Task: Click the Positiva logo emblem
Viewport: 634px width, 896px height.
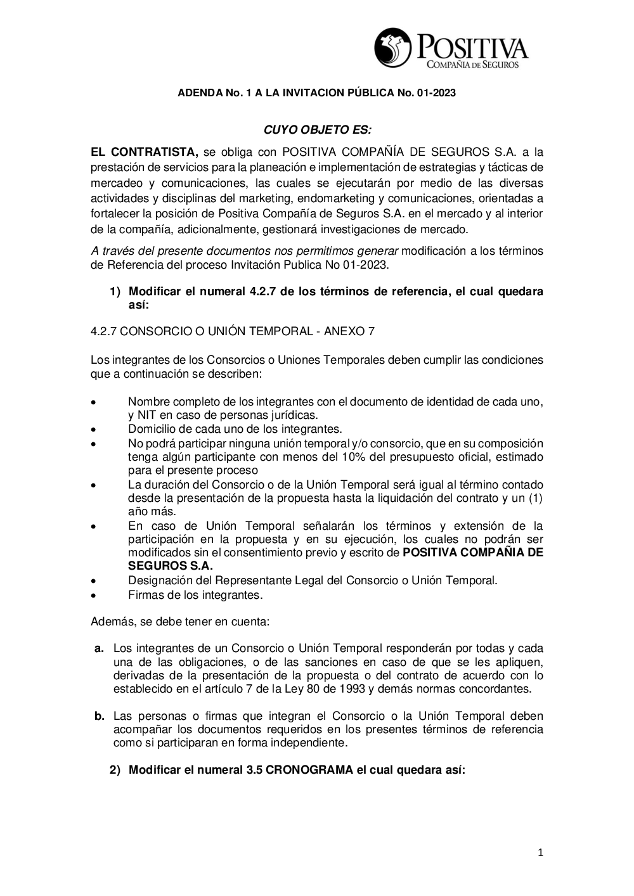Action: [x=392, y=48]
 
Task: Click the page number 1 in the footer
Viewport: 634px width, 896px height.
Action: [x=540, y=853]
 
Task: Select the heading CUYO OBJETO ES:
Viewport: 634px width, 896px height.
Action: [x=317, y=130]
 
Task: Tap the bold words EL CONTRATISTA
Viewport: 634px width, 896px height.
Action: [x=145, y=152]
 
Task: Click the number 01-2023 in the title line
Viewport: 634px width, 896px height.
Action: [x=436, y=93]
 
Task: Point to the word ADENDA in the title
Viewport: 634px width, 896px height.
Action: [x=196, y=93]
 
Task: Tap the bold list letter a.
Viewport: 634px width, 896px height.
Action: [x=98, y=648]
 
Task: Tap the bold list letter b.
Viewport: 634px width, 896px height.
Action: [x=99, y=716]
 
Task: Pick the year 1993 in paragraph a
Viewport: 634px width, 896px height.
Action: [x=353, y=689]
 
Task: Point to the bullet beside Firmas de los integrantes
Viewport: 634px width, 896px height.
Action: [x=93, y=596]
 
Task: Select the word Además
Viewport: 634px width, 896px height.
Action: [x=112, y=622]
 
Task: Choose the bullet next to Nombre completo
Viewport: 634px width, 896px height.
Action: [x=93, y=402]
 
